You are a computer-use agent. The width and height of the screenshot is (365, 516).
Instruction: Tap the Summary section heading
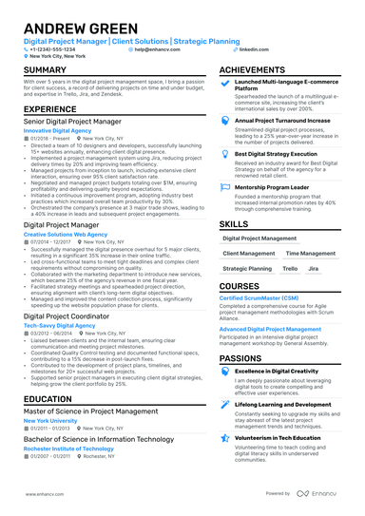click(x=46, y=70)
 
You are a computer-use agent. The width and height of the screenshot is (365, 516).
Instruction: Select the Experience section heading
click(x=50, y=110)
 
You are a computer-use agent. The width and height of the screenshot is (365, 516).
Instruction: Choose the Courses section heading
click(x=240, y=286)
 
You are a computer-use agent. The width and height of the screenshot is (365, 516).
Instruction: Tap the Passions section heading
click(x=241, y=358)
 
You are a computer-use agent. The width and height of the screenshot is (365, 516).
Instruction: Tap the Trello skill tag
click(x=288, y=269)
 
